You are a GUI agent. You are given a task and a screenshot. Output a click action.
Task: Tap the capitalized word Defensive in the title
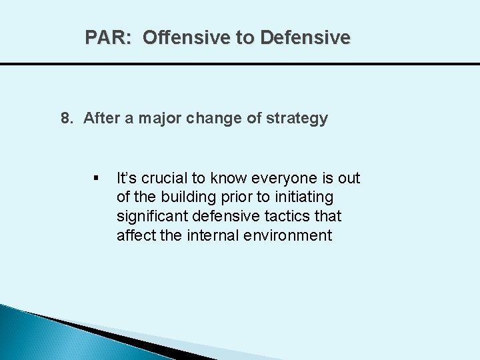(305, 38)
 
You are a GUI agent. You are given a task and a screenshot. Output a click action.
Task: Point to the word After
(101, 119)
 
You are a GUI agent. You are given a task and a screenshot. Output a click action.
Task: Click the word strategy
(297, 119)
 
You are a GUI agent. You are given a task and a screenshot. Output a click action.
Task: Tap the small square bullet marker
(97, 179)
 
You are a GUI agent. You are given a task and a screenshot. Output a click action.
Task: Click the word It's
(127, 178)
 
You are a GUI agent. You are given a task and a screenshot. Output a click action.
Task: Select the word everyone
(284, 178)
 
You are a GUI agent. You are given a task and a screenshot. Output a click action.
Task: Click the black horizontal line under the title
(240, 64)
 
